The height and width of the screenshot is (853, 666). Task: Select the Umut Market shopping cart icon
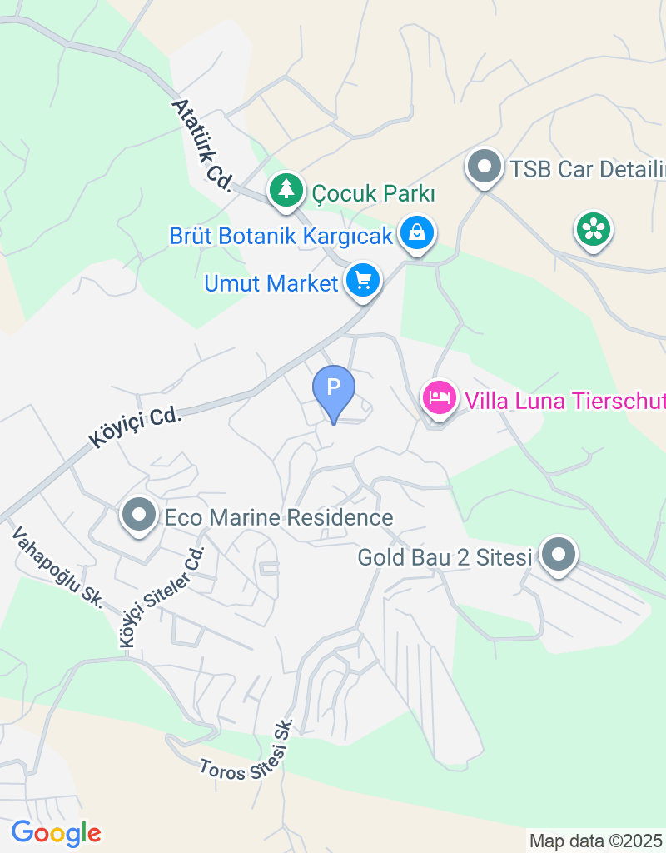click(x=362, y=281)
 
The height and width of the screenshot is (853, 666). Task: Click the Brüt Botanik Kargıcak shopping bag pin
click(x=416, y=232)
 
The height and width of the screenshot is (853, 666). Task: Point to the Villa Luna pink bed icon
click(x=439, y=397)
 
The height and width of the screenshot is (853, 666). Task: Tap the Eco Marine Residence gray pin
click(x=139, y=515)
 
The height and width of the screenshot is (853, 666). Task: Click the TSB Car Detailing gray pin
click(x=484, y=167)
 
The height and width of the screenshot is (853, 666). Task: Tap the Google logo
click(x=56, y=832)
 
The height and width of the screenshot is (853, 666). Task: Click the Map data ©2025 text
click(x=596, y=841)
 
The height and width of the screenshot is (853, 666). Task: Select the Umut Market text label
click(x=271, y=283)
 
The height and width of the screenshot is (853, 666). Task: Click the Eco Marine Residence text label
click(x=279, y=517)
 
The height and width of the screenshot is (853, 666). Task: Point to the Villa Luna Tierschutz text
click(x=564, y=401)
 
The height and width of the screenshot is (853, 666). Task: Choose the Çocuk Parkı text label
click(x=374, y=193)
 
